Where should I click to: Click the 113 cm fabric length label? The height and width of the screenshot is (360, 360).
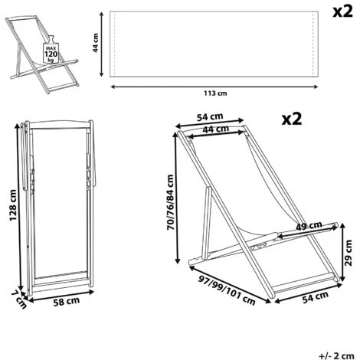215,93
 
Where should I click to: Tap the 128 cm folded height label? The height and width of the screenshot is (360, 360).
13,205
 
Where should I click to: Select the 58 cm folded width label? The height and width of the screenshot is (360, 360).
67,302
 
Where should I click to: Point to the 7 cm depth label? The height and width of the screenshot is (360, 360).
19,299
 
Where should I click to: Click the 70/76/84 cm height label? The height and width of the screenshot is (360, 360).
170,202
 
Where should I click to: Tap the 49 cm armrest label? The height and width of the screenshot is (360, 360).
309,226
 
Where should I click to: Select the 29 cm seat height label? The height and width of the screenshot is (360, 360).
348,253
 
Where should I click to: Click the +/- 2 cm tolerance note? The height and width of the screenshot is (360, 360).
336,355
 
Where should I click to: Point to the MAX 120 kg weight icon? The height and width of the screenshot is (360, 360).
51,51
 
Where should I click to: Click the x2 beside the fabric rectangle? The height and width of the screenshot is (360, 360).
342,11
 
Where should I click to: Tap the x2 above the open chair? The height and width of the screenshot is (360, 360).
292,119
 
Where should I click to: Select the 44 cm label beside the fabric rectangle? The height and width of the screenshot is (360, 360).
96,43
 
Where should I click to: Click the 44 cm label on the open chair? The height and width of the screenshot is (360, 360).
215,129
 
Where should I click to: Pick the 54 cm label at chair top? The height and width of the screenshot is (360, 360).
210,117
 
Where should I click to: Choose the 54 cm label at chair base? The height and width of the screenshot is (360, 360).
316,297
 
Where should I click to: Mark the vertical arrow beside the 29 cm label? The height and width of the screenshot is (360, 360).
342,252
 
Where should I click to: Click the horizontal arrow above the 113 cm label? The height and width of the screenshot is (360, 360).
214,87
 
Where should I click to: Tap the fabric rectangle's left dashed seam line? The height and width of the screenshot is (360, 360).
115,44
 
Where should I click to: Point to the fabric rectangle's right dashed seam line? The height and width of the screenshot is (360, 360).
313,44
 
